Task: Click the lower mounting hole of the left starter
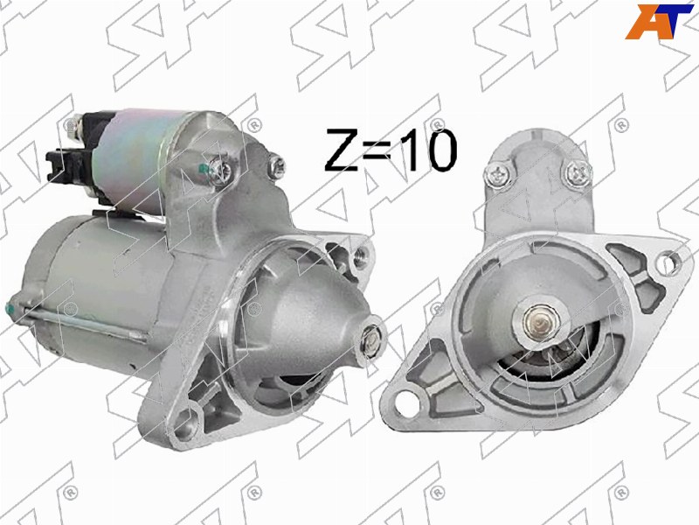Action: (x=183, y=424)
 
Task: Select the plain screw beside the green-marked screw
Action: (x=278, y=161)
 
